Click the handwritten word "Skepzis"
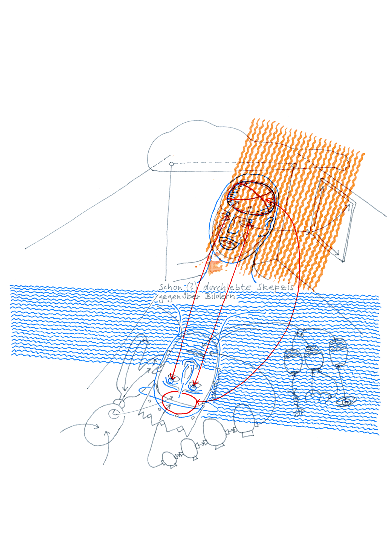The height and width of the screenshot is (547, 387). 275,287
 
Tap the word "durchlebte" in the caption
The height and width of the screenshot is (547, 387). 227,287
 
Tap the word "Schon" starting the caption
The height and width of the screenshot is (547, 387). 171,287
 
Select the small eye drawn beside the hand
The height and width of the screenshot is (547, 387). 346,401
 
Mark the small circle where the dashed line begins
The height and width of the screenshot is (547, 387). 171,164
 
